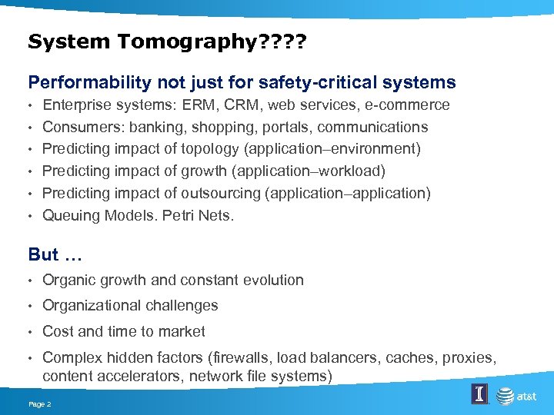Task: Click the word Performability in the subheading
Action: click(x=80, y=82)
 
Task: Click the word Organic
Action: click(x=69, y=281)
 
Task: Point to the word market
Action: click(x=182, y=332)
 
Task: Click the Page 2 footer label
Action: click(x=39, y=404)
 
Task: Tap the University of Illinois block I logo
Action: click(x=479, y=395)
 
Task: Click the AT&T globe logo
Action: click(x=505, y=396)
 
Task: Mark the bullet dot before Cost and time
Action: click(x=31, y=332)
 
